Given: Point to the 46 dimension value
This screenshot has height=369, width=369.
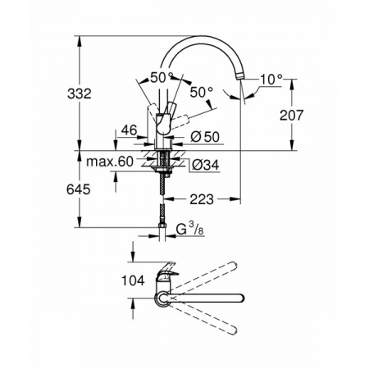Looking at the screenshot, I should pyautogui.click(x=128, y=130).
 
